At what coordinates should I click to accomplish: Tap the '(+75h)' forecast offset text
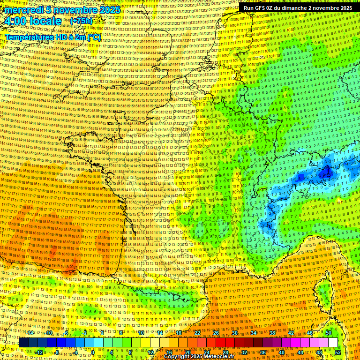click(81, 21)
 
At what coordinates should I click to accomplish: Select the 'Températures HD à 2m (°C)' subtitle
click(53, 37)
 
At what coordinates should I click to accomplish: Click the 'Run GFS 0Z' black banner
click(298, 8)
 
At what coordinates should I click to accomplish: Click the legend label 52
click(338, 352)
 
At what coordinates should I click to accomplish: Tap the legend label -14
click(30, 333)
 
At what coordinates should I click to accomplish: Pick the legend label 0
click(93, 352)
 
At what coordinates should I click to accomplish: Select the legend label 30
click(235, 333)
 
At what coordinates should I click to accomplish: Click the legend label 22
click(197, 333)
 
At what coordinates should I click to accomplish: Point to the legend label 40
click(282, 352)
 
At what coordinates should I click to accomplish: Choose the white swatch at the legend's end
click(333, 343)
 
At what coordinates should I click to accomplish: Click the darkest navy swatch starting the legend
click(23, 343)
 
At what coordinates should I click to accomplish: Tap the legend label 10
click(141, 333)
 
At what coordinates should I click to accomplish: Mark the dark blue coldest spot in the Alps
click(325, 173)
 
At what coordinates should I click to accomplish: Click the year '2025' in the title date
click(108, 10)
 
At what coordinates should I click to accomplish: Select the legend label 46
click(310, 333)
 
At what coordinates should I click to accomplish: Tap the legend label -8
click(56, 352)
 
